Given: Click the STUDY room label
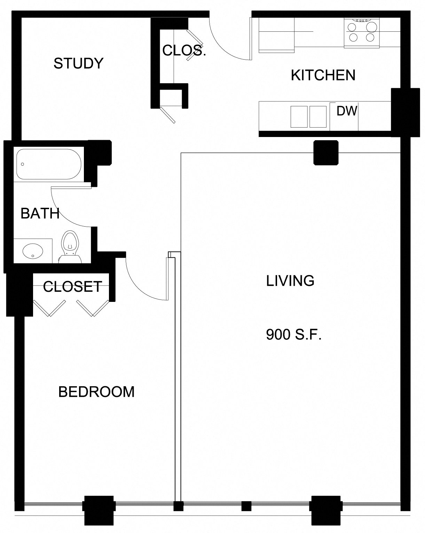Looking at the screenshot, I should [78, 63].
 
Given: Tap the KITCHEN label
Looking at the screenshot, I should [323, 75].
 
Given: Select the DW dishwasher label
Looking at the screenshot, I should [347, 111].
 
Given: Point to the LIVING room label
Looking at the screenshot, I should [290, 281].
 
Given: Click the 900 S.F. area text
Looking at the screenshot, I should [293, 335].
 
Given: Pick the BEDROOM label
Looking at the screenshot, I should [96, 392].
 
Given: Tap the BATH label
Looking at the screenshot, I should [40, 213].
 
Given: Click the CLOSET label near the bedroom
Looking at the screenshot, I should [72, 287].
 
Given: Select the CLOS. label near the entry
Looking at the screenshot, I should [184, 51].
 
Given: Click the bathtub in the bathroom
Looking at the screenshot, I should [49, 164].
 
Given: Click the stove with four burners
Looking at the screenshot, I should [362, 32].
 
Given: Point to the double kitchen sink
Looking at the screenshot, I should [308, 116].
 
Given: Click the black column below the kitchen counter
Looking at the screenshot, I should [326, 153].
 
